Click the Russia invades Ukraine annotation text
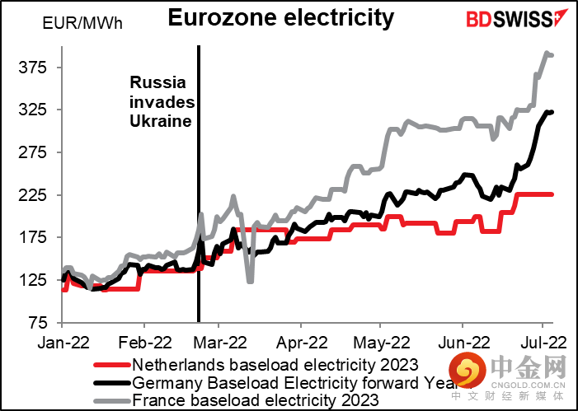(x=161, y=101)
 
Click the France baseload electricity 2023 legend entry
(x=256, y=399)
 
